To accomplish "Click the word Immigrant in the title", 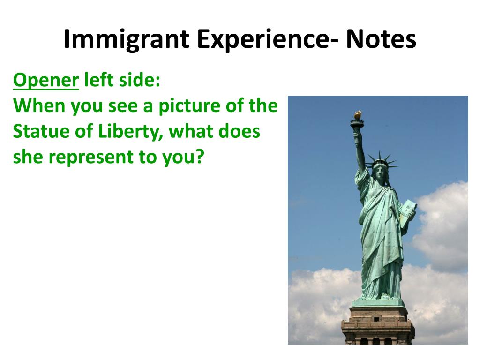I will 126,39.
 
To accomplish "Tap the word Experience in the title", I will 262,39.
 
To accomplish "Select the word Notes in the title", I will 381,39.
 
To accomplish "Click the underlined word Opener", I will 45,81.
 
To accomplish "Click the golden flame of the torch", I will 357,114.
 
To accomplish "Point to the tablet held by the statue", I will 407,213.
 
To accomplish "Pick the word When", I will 39,106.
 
